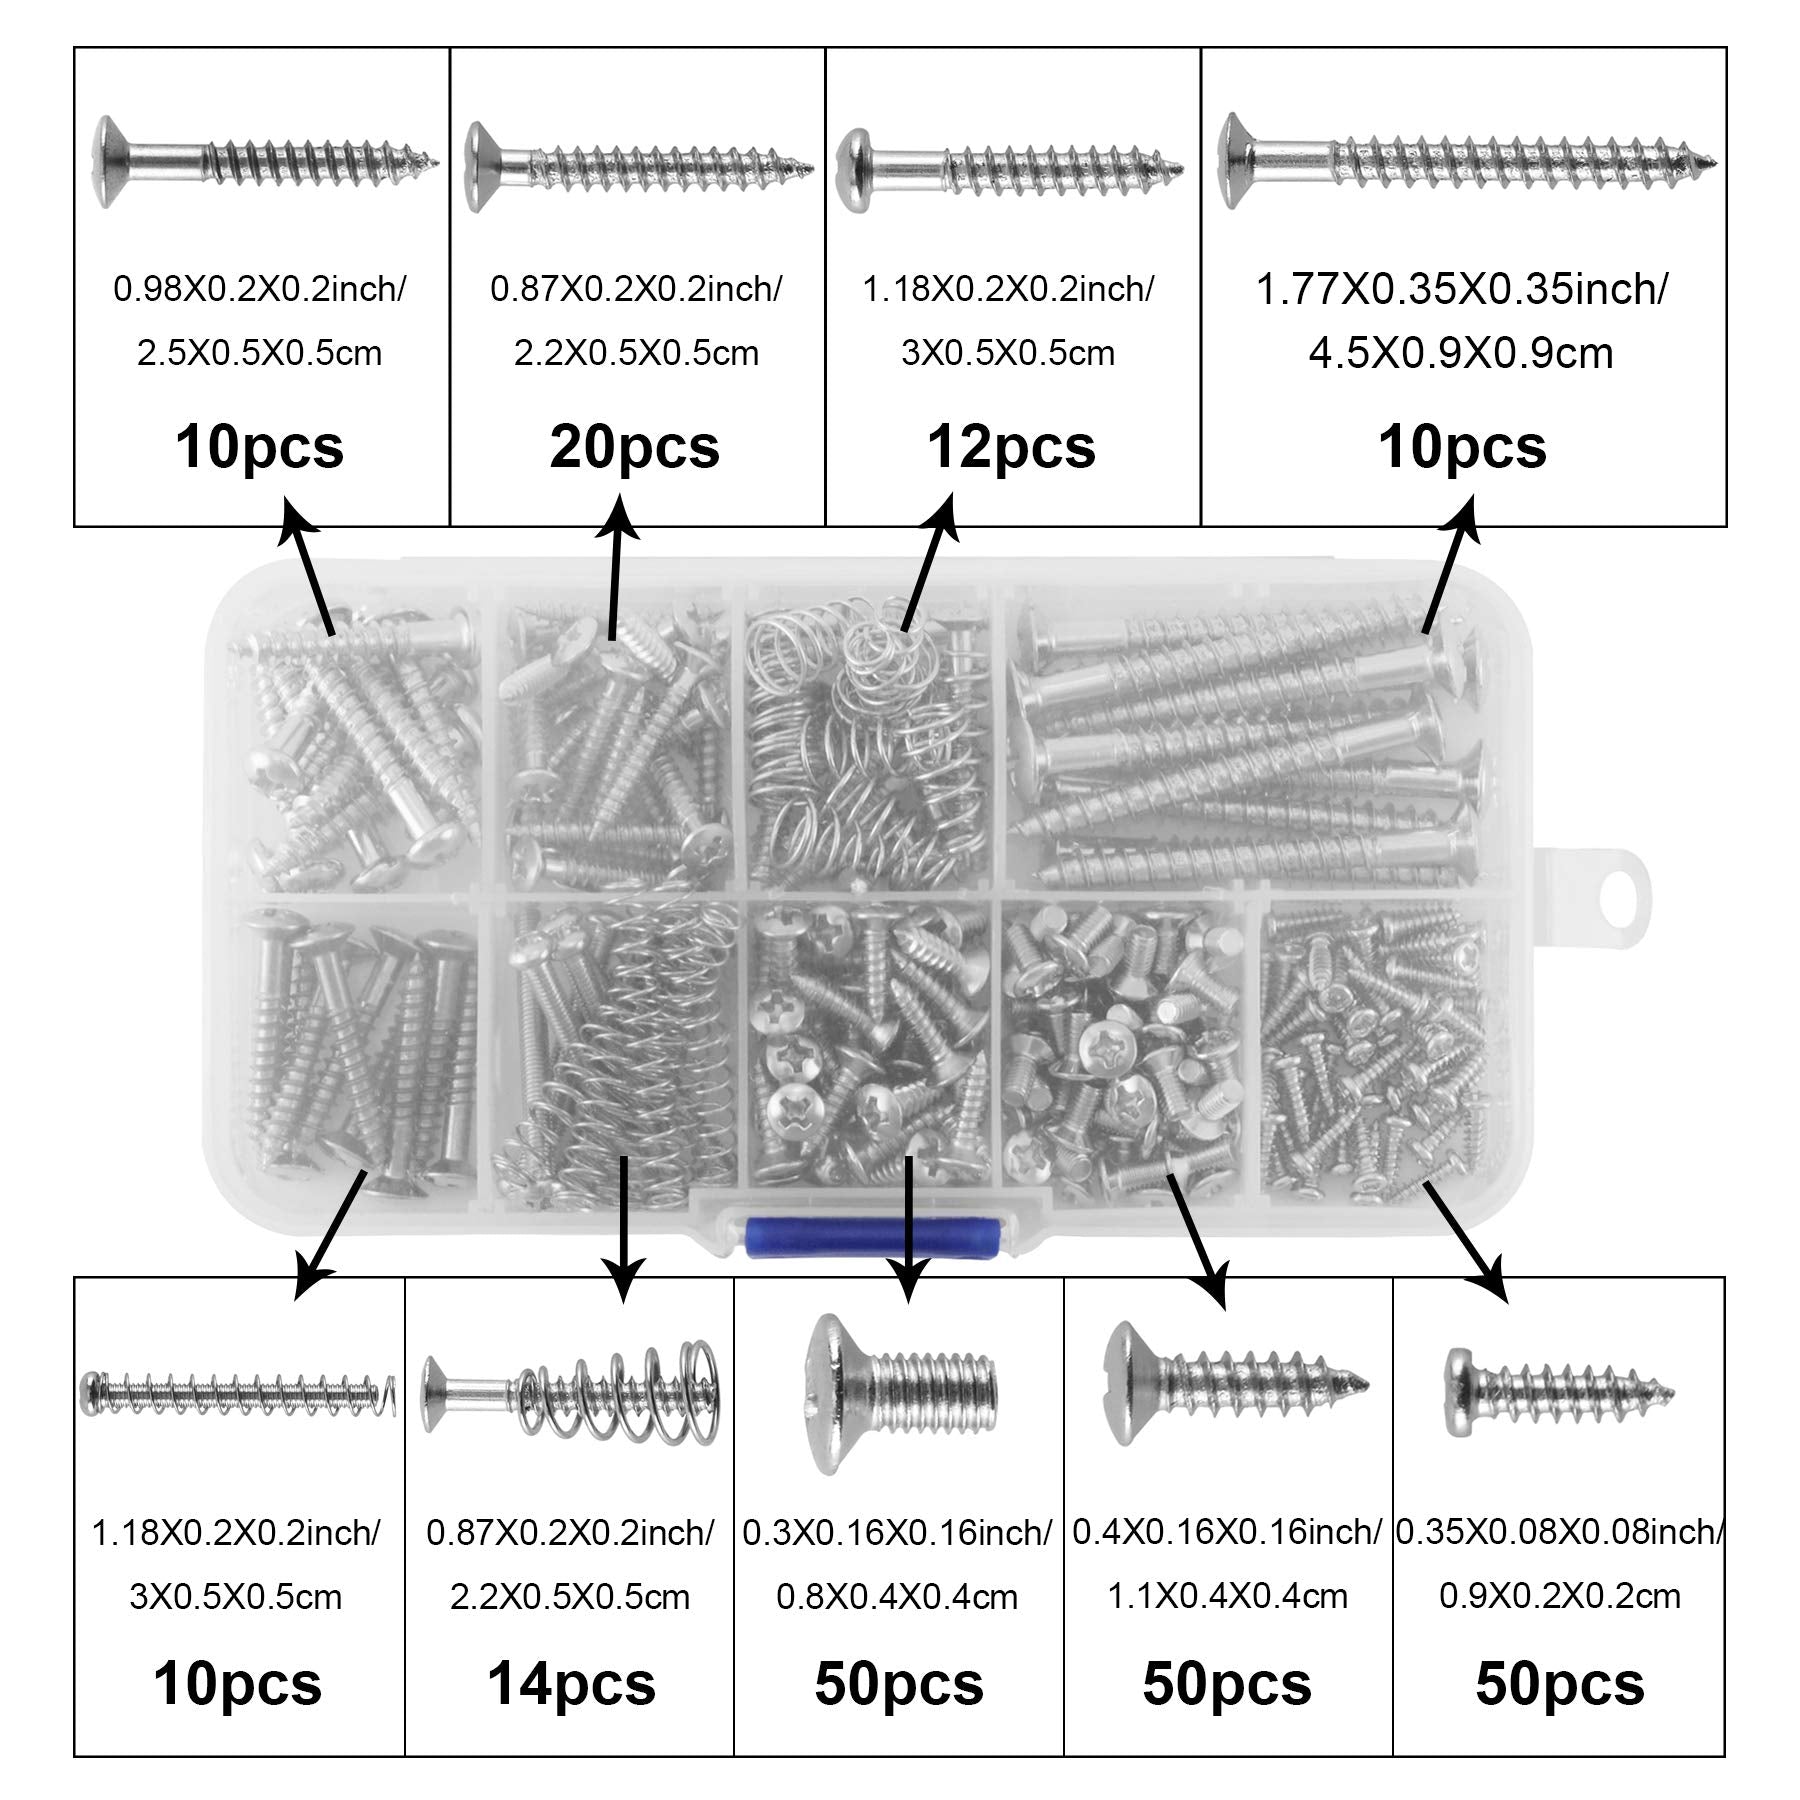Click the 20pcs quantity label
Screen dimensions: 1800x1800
(635, 447)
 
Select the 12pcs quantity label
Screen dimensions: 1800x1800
(1011, 447)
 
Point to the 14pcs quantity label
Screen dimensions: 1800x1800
(571, 1684)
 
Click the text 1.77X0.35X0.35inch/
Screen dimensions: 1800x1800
(1462, 290)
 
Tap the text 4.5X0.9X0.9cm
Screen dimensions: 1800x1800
(1462, 353)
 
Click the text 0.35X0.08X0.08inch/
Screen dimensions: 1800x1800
(1560, 1532)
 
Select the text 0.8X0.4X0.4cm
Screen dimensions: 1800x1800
(897, 1596)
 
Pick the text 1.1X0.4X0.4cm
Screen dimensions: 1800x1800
(1227, 1596)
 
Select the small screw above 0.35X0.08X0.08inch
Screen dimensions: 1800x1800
(1560, 1391)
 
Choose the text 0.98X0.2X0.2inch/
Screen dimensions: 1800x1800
(260, 290)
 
